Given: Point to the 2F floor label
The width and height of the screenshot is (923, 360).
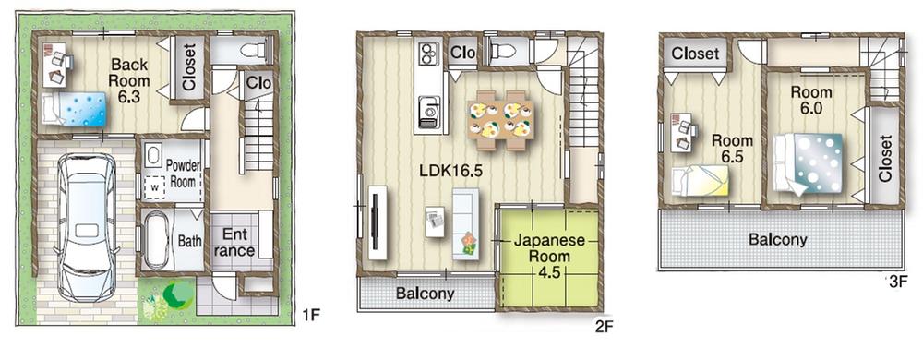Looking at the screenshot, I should coord(605,326).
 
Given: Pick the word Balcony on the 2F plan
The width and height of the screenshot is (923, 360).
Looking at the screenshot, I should coord(425,294).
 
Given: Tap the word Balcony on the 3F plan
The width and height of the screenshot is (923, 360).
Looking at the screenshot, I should coord(777,239).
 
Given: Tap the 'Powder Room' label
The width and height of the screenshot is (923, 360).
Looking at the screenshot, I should coord(184,174).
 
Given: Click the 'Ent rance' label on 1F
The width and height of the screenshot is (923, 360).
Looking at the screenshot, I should coord(234,242).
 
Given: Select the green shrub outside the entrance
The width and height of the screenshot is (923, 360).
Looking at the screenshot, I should coord(173,296).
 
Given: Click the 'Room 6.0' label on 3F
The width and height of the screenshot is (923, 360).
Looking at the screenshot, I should coord(811,100).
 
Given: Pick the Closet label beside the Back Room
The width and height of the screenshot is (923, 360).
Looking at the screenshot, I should coord(189,68).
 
